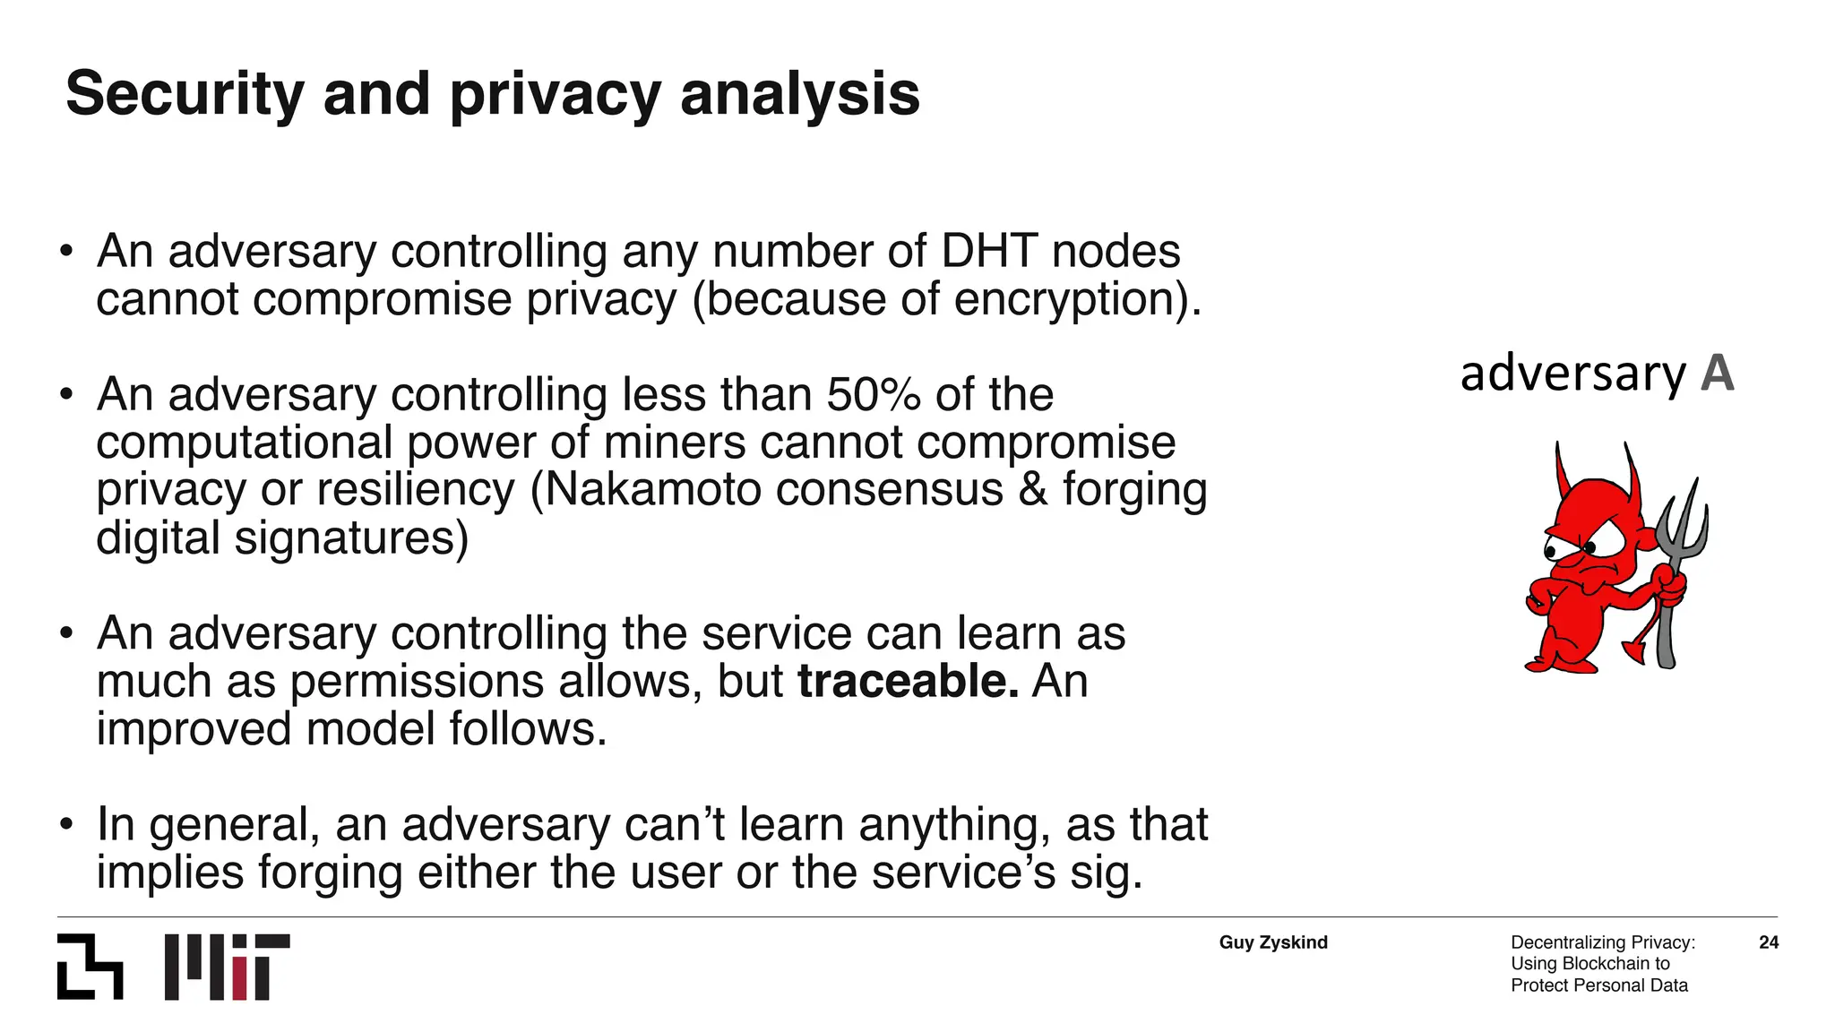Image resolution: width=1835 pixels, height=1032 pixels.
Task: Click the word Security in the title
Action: pyautogui.click(x=185, y=94)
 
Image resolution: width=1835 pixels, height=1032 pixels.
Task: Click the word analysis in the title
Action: pyautogui.click(x=799, y=94)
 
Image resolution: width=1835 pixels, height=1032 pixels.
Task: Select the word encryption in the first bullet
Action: pyautogui.click(x=1069, y=299)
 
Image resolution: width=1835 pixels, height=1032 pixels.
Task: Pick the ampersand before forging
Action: pyautogui.click(x=1032, y=490)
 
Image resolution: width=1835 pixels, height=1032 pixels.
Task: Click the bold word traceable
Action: pyautogui.click(x=908, y=682)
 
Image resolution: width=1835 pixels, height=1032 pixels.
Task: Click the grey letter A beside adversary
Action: pyautogui.click(x=1717, y=374)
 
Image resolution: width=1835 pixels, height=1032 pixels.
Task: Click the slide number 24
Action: pyautogui.click(x=1769, y=942)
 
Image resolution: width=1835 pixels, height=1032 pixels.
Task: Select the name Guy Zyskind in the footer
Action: pyautogui.click(x=1273, y=942)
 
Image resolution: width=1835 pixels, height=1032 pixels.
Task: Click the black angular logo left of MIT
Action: pyautogui.click(x=90, y=967)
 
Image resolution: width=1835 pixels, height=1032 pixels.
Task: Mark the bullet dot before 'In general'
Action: pyautogui.click(x=65, y=825)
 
